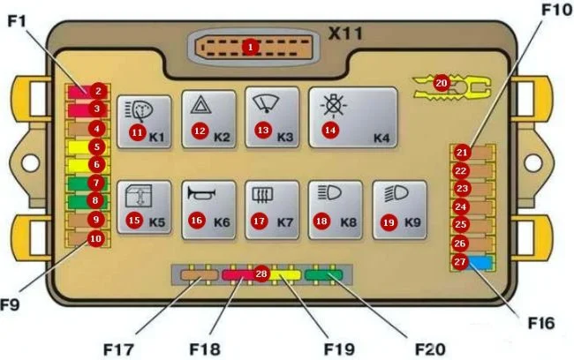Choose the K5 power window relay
pyautogui.click(x=144, y=209)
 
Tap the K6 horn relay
pyautogui.click(x=208, y=209)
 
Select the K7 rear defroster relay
pyautogui.click(x=272, y=209)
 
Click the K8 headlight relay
pyautogui.click(x=336, y=209)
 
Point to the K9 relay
pyautogui.click(x=400, y=209)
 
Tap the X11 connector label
pyautogui.click(x=347, y=35)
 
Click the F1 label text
pyautogui.click(x=19, y=19)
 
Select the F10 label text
pyautogui.click(x=557, y=11)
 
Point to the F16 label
pyautogui.click(x=541, y=324)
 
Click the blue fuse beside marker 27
pyautogui.click(x=480, y=262)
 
